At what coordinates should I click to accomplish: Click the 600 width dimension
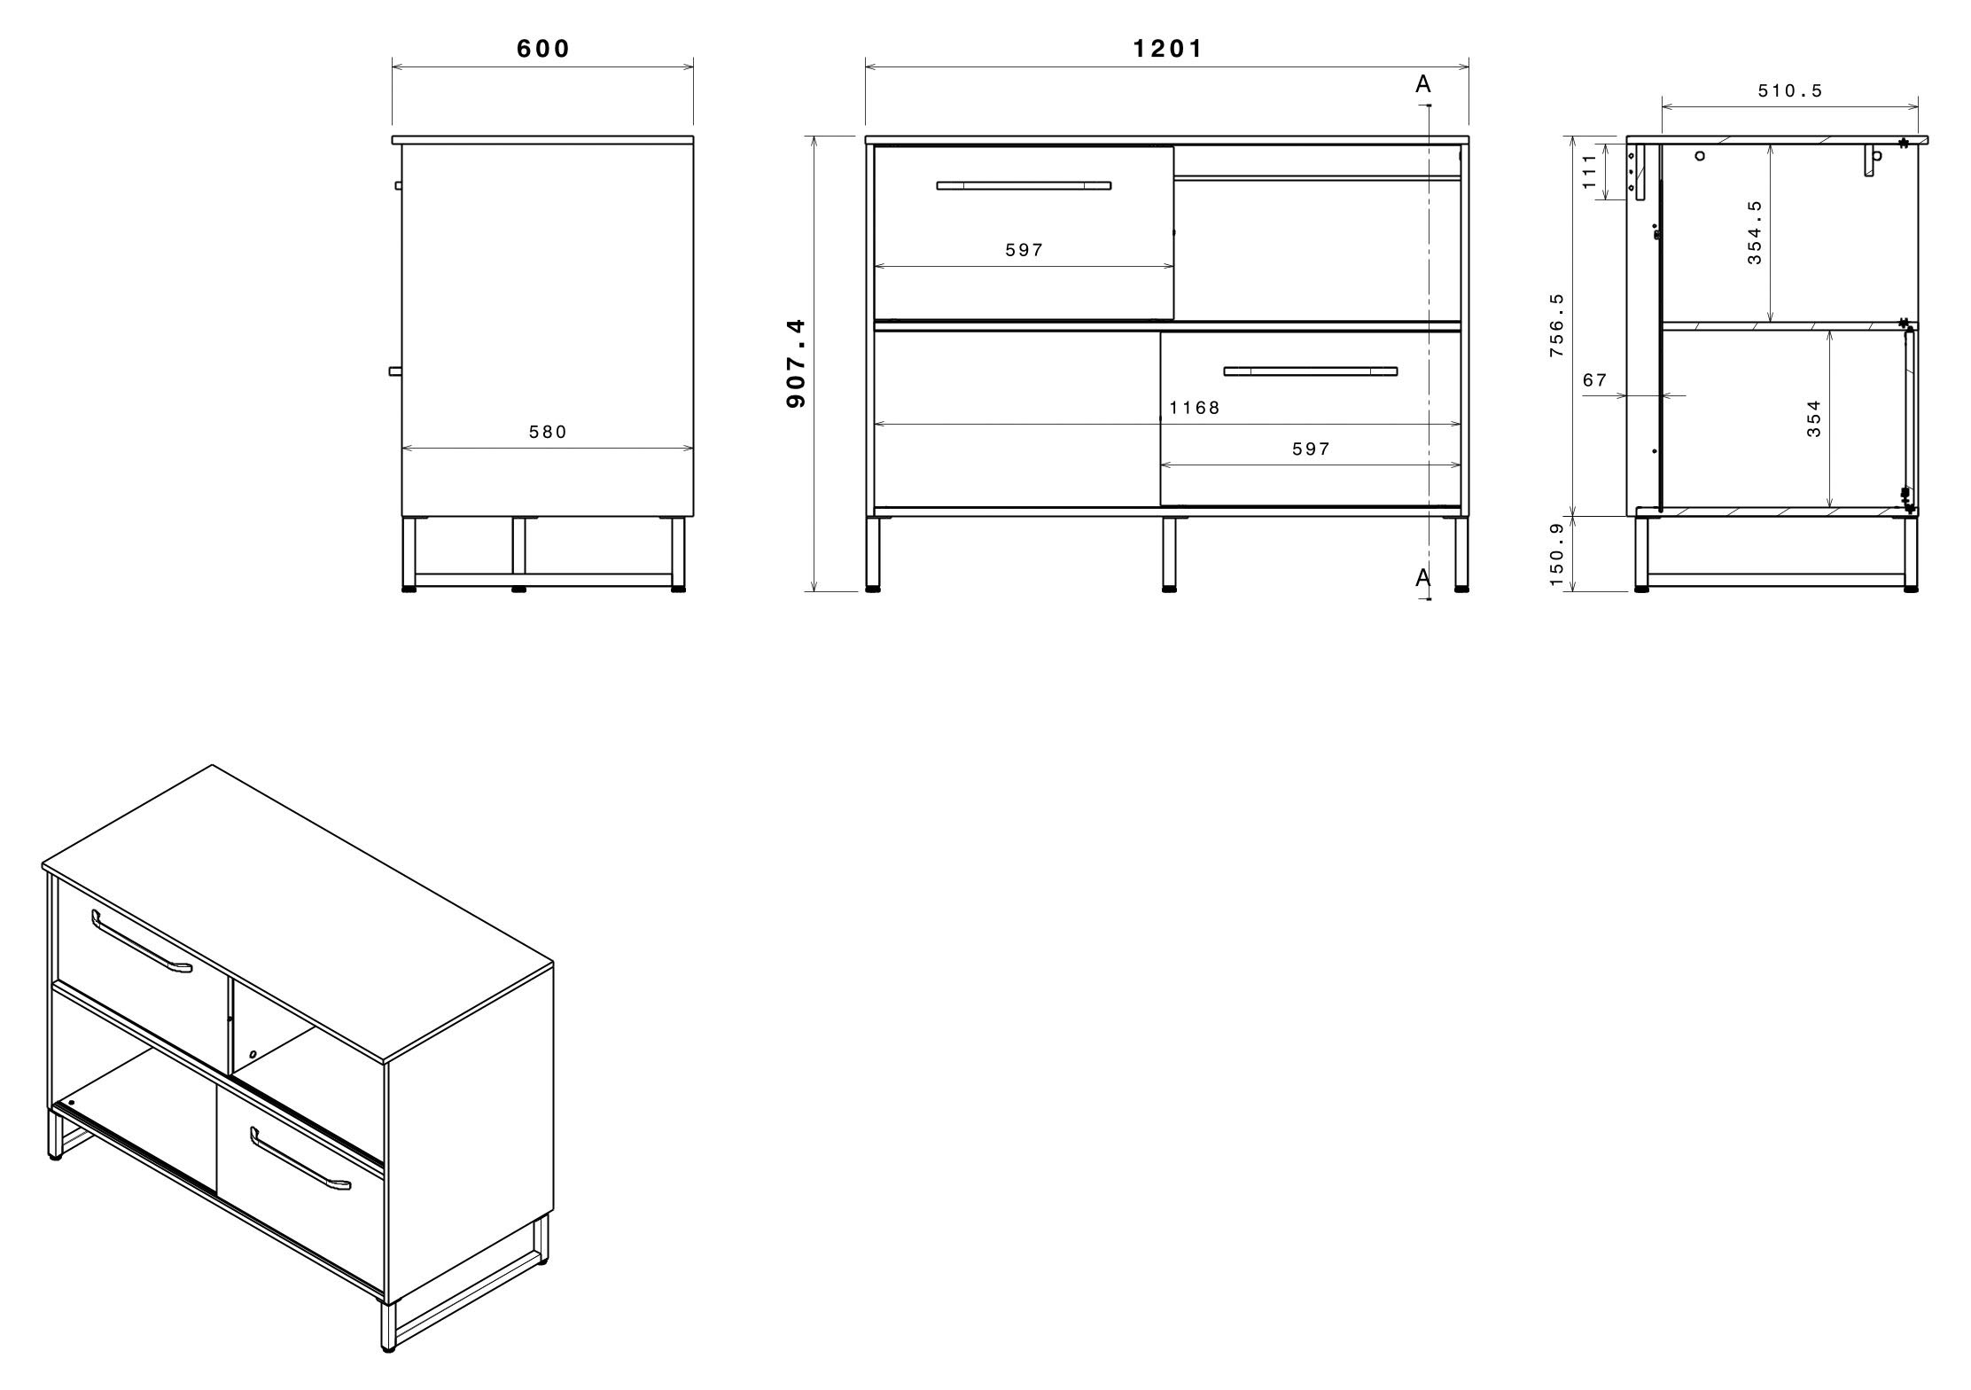[543, 49]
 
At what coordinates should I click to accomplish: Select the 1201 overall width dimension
[1168, 49]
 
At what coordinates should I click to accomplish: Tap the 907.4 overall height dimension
[796, 363]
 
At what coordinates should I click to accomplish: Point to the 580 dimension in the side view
[548, 433]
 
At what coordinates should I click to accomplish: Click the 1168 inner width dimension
[1195, 408]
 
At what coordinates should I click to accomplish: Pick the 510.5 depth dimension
[1790, 91]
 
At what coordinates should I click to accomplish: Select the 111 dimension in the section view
[1589, 171]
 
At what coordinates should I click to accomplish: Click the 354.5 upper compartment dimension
[1755, 232]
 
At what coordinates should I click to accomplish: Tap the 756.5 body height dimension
[1557, 325]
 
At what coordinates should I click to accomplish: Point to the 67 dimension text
[1594, 380]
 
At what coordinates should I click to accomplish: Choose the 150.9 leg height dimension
[1557, 554]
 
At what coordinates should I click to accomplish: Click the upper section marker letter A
[1423, 85]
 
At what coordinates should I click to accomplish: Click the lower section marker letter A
[1423, 578]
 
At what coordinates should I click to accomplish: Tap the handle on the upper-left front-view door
[1024, 185]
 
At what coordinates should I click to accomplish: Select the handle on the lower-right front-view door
[1310, 371]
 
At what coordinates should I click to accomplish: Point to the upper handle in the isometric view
[142, 943]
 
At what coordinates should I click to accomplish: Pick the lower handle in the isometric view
[300, 1160]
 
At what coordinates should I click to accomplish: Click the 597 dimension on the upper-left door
[1024, 251]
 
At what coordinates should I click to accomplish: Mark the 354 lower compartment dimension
[1814, 418]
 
